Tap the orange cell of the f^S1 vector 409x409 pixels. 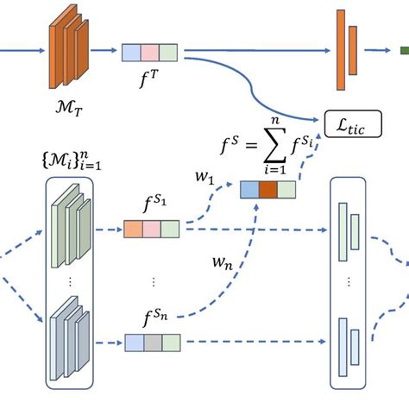coord(133,230)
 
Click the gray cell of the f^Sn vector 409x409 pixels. coord(152,343)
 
